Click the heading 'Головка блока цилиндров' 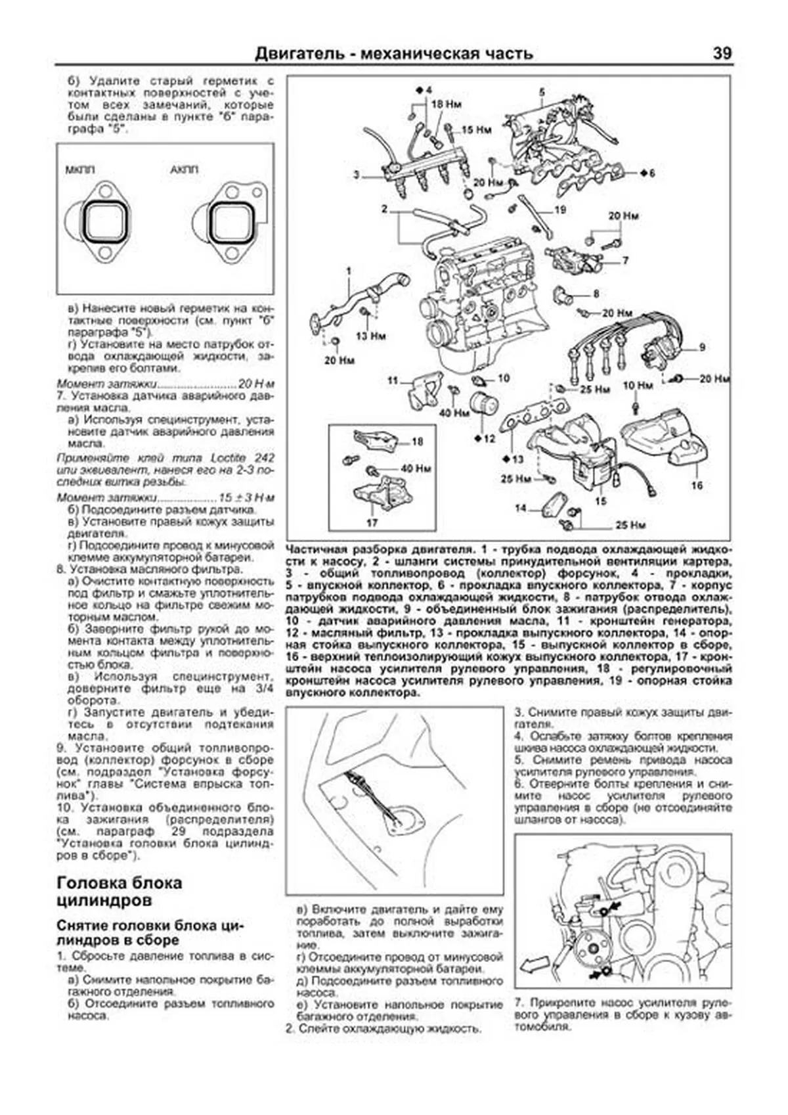[120, 890]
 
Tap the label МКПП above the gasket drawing [79, 170]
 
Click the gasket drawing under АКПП [230, 223]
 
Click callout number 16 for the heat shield [697, 485]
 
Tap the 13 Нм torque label [371, 336]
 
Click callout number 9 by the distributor [701, 348]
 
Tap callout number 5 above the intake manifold [542, 91]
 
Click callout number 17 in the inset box [372, 523]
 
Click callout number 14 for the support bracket [521, 508]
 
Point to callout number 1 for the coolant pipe [349, 271]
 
